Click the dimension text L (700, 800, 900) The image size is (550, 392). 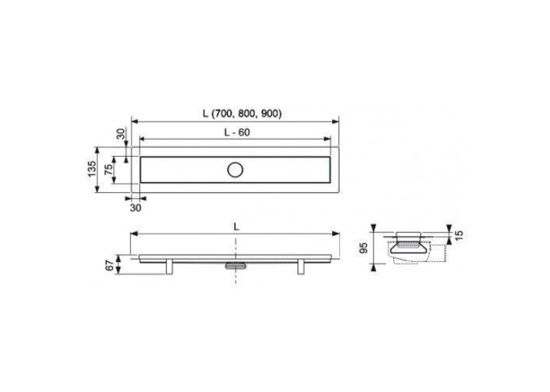[242, 114]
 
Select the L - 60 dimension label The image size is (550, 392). [237, 132]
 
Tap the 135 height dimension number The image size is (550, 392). [91, 169]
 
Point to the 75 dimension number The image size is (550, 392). [109, 169]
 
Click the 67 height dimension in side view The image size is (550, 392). [110, 265]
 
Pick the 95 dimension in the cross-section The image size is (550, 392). [364, 248]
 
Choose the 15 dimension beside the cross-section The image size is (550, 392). [459, 234]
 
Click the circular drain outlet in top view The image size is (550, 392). [235, 170]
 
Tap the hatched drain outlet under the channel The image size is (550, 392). [235, 265]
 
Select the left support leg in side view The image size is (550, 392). [170, 267]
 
